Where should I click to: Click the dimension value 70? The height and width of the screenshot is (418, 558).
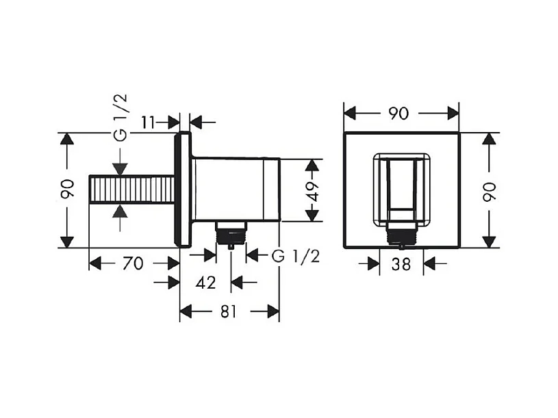coord(134,263)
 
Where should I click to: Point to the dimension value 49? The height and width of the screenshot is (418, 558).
coord(313,191)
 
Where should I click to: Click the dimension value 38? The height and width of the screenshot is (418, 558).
coord(401,263)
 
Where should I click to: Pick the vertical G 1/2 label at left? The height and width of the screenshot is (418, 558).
coord(121,117)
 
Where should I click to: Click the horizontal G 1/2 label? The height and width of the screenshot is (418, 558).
coord(296,256)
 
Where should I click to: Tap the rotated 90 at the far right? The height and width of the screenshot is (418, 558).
coord(489,191)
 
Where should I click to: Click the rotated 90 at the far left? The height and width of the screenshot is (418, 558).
coord(67,191)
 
